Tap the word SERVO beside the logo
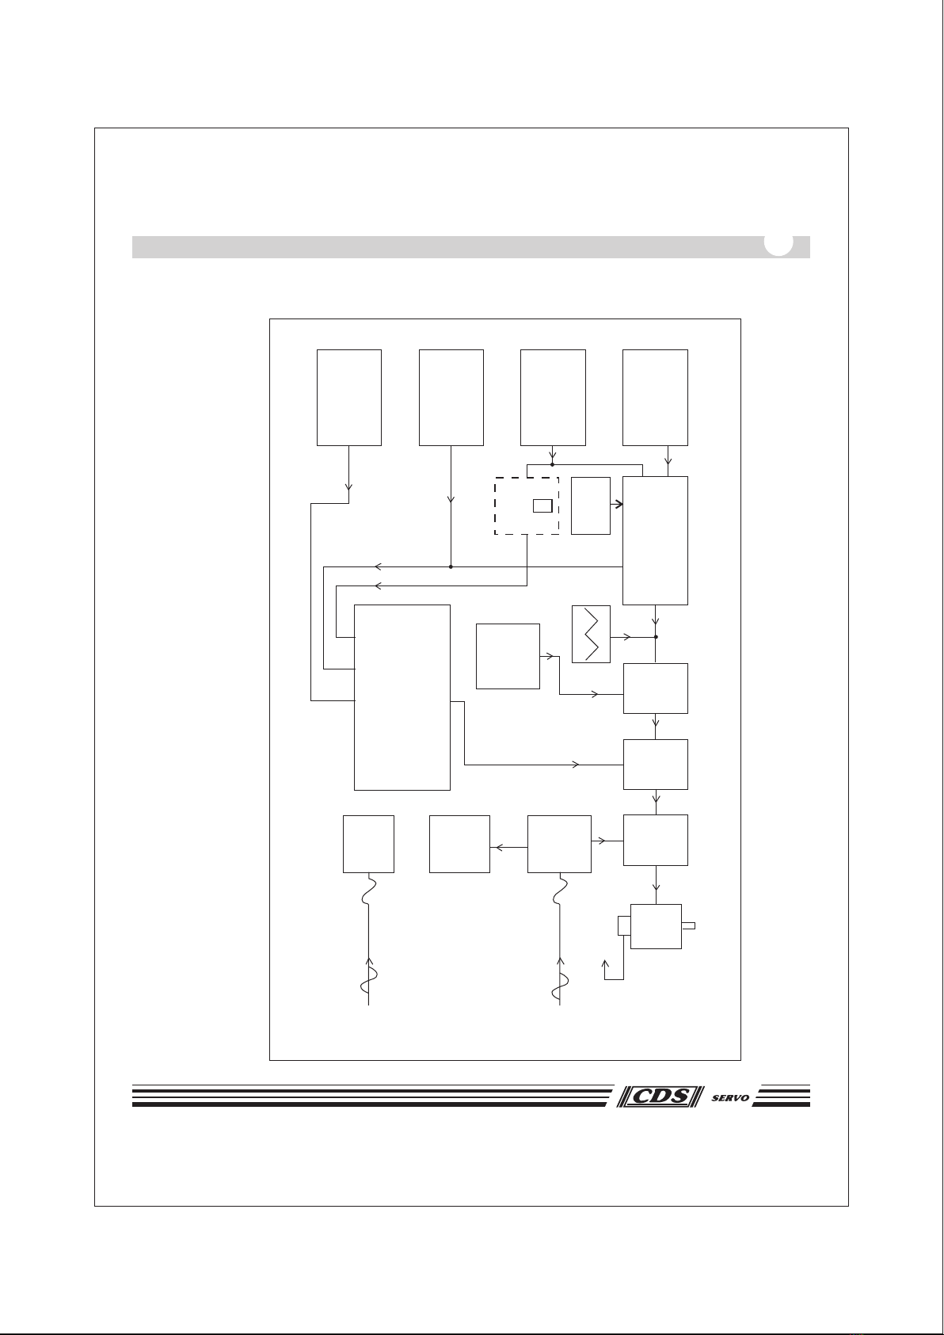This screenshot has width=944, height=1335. pos(730,1097)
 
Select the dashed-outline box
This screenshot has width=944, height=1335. pos(527,506)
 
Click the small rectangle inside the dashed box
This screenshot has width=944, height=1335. pos(542,506)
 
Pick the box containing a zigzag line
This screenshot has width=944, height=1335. pos(591,634)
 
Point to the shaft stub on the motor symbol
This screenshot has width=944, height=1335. pos(688,925)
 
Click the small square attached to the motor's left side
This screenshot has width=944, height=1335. pos(624,925)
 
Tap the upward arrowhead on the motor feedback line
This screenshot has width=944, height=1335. pos(605,963)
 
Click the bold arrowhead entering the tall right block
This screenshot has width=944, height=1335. pos(619,505)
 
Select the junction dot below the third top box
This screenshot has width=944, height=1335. pos(552,464)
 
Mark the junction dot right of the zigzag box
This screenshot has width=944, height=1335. pos(656,637)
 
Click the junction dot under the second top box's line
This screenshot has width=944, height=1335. pos(451,566)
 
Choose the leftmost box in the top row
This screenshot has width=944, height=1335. pos(349,398)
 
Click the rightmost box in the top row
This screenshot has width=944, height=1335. pos(655,398)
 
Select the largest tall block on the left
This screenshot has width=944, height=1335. pos(402,697)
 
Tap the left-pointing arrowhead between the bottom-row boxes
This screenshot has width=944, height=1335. pos(498,848)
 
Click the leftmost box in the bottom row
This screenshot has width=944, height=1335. pos(369,844)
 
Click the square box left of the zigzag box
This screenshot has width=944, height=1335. pos(508,657)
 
